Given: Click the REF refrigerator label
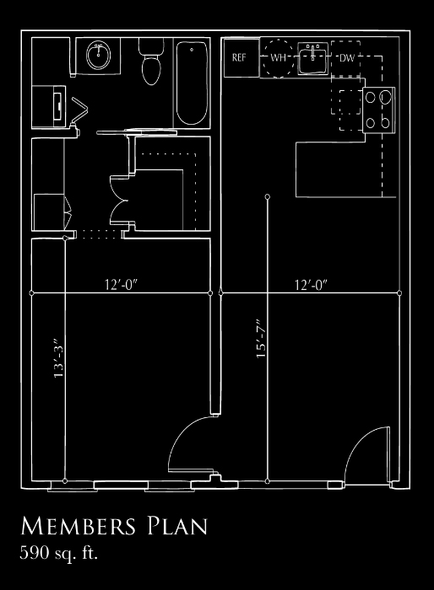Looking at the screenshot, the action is (x=239, y=57).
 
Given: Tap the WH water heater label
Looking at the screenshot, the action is (x=279, y=58).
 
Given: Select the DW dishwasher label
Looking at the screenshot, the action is (x=347, y=58).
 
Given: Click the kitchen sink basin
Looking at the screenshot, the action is (x=313, y=59).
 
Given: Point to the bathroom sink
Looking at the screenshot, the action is (x=99, y=55).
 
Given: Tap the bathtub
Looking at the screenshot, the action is (x=192, y=83).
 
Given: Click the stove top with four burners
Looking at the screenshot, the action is (x=379, y=110).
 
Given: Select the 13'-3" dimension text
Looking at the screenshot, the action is (x=58, y=359).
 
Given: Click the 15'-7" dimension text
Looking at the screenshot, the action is (x=261, y=340).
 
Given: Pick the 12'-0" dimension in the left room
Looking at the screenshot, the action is (x=121, y=285).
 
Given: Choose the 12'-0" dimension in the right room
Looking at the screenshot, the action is (x=311, y=285).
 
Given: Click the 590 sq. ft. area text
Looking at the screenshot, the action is (x=59, y=553).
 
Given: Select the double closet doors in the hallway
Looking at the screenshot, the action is (x=119, y=201).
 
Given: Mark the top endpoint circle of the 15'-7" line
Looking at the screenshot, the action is (x=268, y=196).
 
